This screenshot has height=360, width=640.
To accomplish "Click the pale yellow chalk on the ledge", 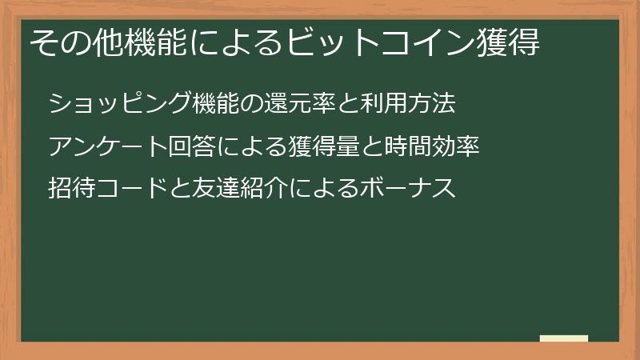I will (x=563, y=338).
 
